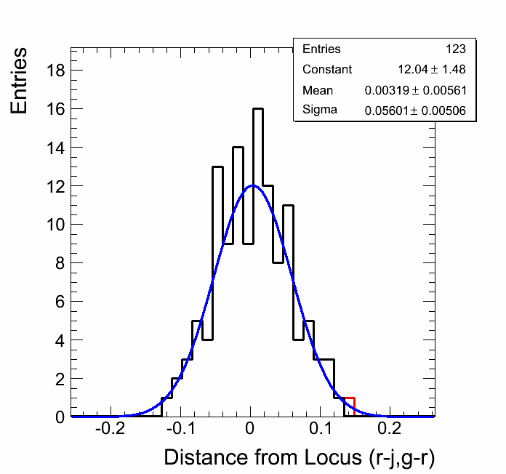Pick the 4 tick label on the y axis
[57, 340]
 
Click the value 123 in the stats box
[456, 49]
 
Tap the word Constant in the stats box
[327, 70]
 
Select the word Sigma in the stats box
[319, 111]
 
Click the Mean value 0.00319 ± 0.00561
[415, 91]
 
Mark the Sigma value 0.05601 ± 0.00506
[415, 111]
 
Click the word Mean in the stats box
[318, 91]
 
